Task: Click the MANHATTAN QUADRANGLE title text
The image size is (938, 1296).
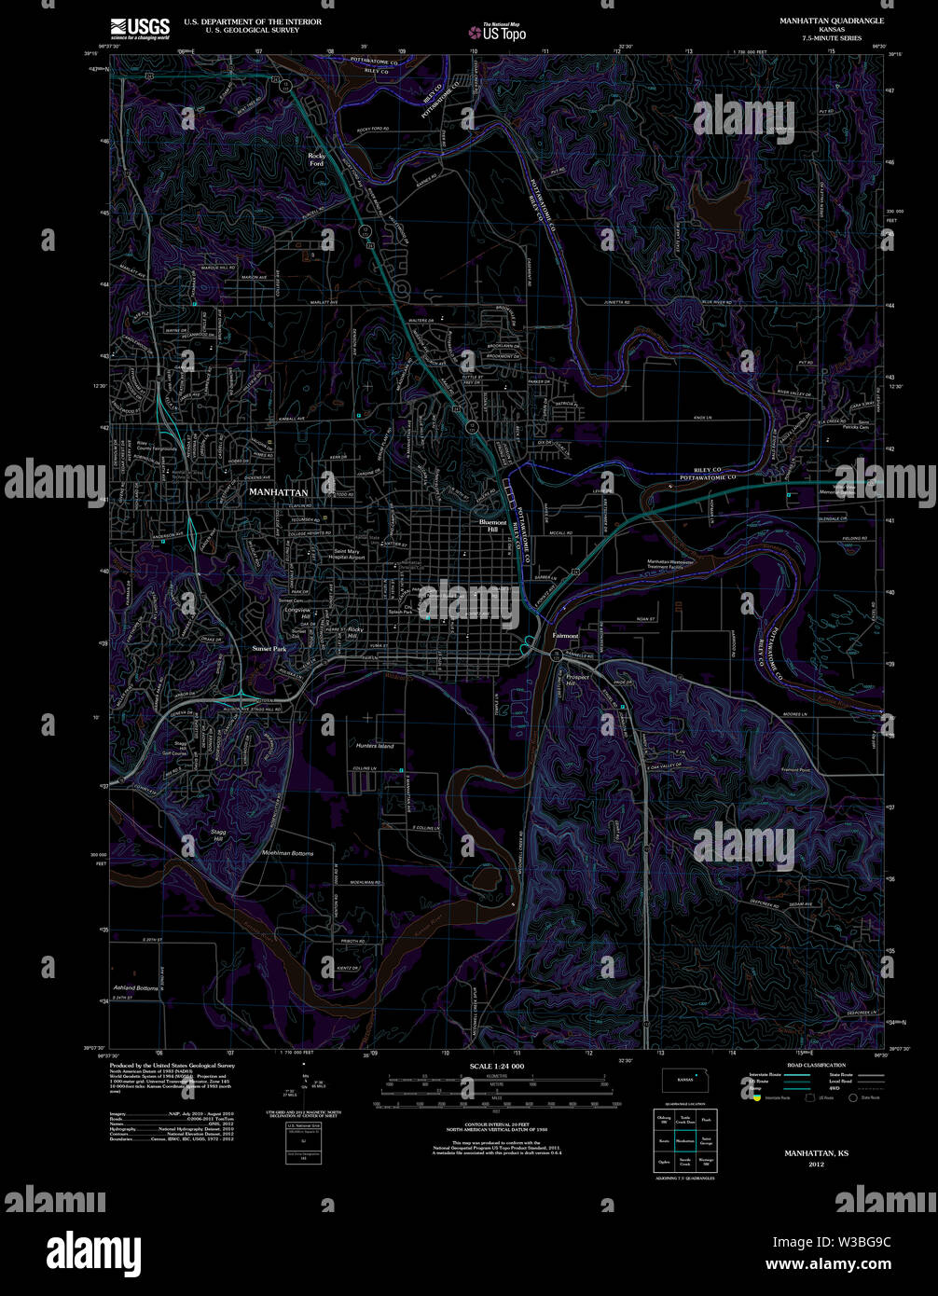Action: (x=834, y=20)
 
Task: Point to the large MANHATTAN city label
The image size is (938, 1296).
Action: (x=277, y=490)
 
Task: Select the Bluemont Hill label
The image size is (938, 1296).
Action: (x=491, y=526)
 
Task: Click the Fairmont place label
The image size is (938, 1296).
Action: (x=565, y=636)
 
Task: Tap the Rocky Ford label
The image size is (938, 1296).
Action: (x=318, y=159)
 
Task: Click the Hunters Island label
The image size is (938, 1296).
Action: (x=375, y=746)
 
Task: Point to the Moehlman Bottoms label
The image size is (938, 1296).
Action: (x=288, y=853)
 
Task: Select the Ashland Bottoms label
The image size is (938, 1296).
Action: (x=136, y=987)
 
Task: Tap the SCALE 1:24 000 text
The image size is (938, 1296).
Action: (x=496, y=1066)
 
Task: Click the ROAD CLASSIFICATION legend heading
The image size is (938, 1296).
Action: (x=816, y=1065)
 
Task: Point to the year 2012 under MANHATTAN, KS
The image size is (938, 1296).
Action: (x=816, y=1165)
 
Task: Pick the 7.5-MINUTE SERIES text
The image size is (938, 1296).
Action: (x=834, y=38)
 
